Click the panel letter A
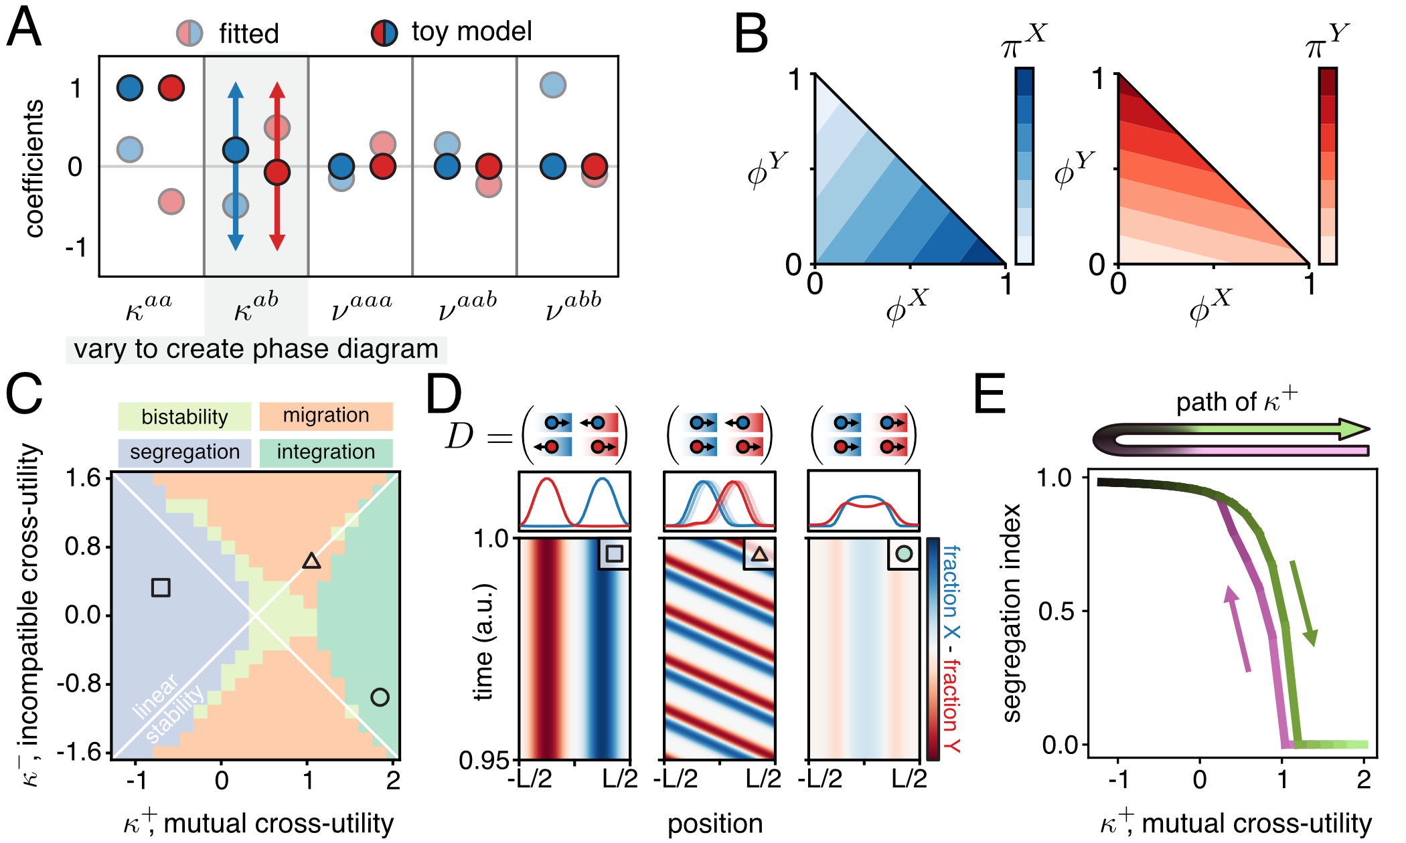[x=24, y=28]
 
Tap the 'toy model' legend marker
[x=384, y=32]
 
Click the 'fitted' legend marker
[x=189, y=33]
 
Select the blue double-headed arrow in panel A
[x=235, y=167]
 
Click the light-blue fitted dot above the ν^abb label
[x=553, y=85]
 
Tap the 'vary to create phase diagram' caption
[x=256, y=349]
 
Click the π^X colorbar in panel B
[x=1024, y=165]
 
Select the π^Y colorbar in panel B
[x=1328, y=165]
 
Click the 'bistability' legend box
[x=185, y=417]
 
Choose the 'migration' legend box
[x=325, y=415]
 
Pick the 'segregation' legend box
[x=185, y=452]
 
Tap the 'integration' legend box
[x=325, y=452]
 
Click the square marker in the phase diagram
[x=161, y=587]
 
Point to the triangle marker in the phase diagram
[x=311, y=561]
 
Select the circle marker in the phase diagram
[x=380, y=697]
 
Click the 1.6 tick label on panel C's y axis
[x=84, y=478]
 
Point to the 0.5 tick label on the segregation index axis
[x=1056, y=611]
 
